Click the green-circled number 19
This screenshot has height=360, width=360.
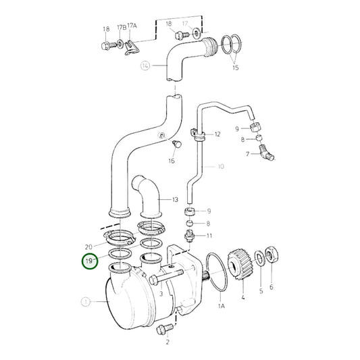89,260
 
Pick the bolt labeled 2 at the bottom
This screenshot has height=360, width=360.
163,329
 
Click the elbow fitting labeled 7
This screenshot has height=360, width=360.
268,156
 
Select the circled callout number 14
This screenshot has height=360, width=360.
145,66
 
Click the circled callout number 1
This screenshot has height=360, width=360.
85,302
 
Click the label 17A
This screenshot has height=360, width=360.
133,28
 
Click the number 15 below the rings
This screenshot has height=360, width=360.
235,68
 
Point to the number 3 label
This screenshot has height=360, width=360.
162,294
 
